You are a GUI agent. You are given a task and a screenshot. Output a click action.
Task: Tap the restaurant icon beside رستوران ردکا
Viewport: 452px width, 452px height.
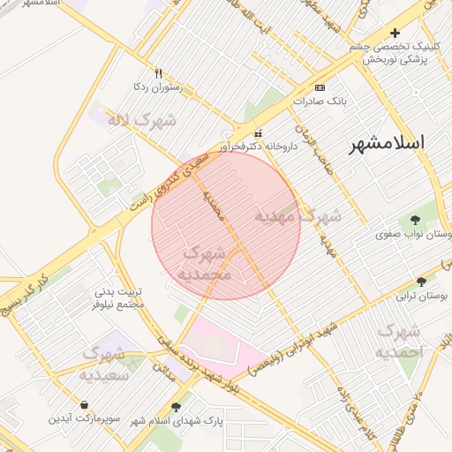[159, 73]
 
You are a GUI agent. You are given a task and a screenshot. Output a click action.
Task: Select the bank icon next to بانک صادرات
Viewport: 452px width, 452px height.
[320, 87]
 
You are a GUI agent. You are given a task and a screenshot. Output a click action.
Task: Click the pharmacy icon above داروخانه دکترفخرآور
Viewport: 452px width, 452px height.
[258, 132]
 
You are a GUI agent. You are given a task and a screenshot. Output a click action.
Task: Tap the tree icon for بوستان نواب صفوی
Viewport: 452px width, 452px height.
[416, 220]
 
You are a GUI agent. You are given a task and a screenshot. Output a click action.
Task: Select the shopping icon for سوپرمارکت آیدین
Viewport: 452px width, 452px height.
[84, 404]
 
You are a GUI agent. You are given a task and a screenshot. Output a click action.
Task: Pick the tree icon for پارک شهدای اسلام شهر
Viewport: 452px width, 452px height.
[176, 408]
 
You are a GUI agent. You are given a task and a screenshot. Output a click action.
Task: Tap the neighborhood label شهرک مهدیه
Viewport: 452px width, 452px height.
[298, 215]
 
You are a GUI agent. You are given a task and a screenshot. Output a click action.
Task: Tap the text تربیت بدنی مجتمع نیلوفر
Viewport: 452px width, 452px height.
[94, 297]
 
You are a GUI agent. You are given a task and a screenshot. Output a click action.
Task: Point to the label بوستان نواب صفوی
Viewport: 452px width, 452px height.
[407, 235]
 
